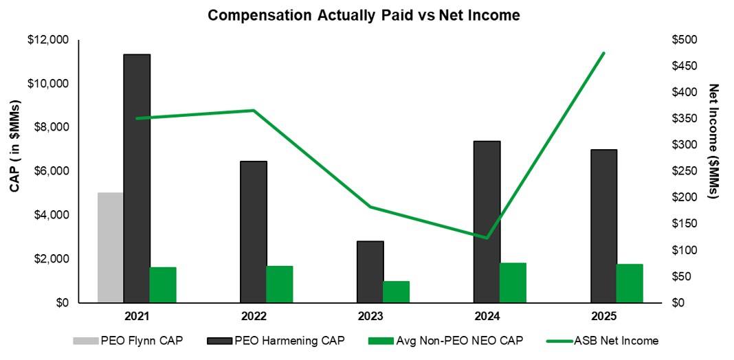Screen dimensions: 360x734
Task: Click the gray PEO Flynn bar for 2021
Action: pyautogui.click(x=110, y=247)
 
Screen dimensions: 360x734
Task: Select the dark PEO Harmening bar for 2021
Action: pyautogui.click(x=137, y=179)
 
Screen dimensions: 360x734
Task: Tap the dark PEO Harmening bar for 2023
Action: pyautogui.click(x=370, y=272)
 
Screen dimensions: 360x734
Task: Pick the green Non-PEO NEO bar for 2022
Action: pyautogui.click(x=280, y=284)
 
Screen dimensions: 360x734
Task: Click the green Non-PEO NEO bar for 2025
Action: pyautogui.click(x=630, y=283)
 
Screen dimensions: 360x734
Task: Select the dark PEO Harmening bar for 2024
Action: pyautogui.click(x=487, y=222)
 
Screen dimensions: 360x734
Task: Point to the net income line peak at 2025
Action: pyautogui.click(x=603, y=53)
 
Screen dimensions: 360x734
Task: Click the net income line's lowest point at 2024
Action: pyautogui.click(x=487, y=238)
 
